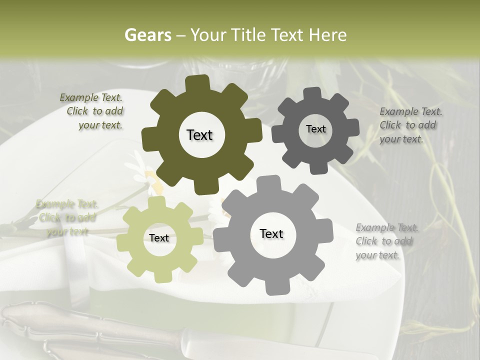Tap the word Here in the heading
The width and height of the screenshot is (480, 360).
[327, 35]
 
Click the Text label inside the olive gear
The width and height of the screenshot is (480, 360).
[199, 135]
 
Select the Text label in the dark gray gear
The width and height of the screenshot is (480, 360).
[315, 129]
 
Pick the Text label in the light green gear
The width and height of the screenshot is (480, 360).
[159, 238]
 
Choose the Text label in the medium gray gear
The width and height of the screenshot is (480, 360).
[271, 233]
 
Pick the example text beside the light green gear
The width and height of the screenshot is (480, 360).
[67, 217]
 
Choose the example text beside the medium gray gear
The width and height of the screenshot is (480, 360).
[385, 241]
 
